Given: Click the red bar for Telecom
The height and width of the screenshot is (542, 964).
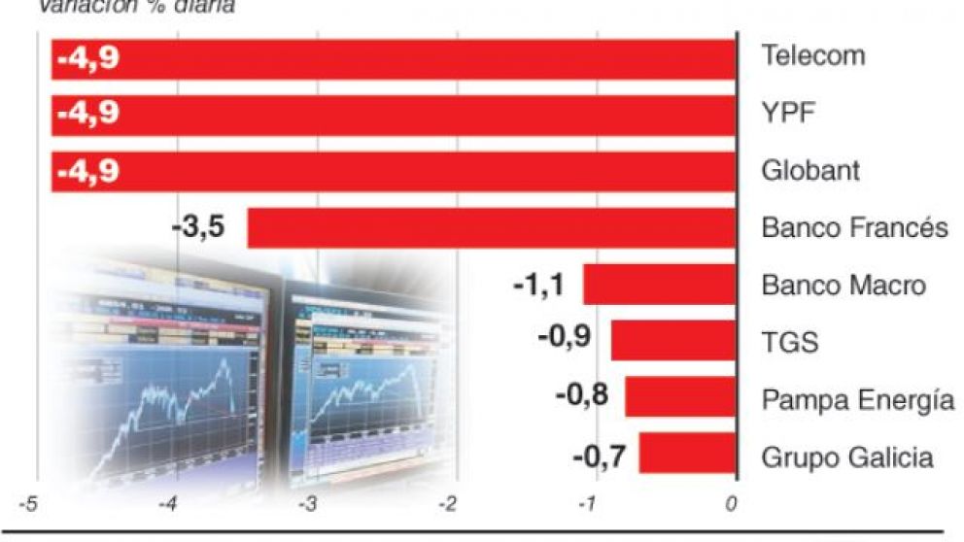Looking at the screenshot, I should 408,58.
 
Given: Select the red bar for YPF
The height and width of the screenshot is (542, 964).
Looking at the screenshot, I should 408,115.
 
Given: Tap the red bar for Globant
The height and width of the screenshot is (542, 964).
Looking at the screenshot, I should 408,172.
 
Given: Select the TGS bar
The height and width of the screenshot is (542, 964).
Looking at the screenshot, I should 672,341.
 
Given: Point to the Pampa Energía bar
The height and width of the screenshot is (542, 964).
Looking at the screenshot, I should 679,397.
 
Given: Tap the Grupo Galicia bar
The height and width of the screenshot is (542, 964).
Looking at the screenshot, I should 686,454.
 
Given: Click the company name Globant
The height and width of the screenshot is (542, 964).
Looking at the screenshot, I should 810,172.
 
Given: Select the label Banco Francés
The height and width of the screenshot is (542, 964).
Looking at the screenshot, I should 853,229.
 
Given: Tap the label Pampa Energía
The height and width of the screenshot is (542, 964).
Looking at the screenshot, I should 857,399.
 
